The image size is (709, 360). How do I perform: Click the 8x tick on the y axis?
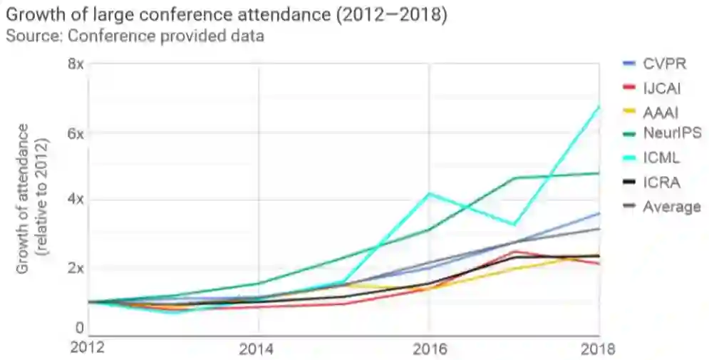(x=76, y=63)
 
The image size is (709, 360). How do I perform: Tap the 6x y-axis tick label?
(x=76, y=133)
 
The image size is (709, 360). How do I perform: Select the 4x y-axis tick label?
(x=76, y=200)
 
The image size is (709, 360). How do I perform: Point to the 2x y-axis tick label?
(x=76, y=268)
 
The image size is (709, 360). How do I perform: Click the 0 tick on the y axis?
(x=81, y=328)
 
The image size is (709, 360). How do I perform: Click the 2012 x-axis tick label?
(x=88, y=349)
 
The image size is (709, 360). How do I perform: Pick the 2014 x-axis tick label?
(x=258, y=349)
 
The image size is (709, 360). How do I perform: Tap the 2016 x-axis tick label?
(x=429, y=349)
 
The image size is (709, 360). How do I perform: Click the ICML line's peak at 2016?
(x=428, y=193)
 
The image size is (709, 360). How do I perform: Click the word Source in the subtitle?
(x=28, y=36)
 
